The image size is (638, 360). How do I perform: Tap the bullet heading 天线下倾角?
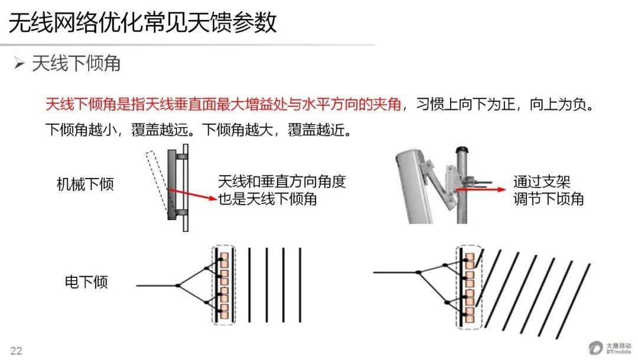pos(76,63)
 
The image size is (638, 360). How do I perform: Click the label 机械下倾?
pos(85,184)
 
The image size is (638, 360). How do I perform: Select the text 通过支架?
pos(542,181)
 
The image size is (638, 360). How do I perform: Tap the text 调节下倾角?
pos(548,199)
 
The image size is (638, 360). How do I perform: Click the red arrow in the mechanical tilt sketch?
pos(192,194)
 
